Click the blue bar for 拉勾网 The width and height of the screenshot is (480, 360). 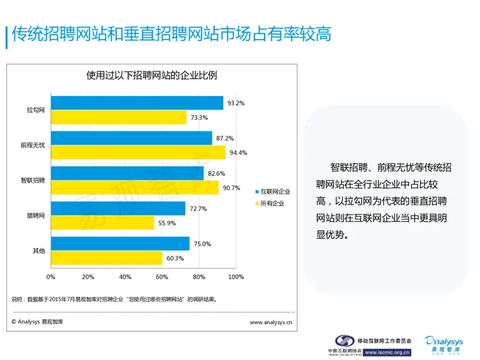[x=137, y=103]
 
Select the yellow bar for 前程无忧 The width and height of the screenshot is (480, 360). [x=138, y=152]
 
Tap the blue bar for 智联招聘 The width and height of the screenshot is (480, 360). [x=127, y=173]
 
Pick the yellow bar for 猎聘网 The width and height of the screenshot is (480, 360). [x=103, y=223]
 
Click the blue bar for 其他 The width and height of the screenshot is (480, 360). [x=120, y=244]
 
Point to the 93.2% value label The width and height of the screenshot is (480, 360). [x=236, y=103]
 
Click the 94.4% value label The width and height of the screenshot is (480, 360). [x=238, y=152]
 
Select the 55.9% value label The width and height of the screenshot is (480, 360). [x=167, y=223]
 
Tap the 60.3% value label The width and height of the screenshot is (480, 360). [x=175, y=259]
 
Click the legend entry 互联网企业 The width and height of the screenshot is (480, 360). [x=275, y=191]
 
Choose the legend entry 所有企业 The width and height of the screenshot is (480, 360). [x=272, y=203]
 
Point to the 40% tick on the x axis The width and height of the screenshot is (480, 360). [x=125, y=277]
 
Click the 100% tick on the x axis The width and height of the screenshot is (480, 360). [x=236, y=277]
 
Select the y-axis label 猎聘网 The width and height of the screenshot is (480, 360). [x=36, y=215]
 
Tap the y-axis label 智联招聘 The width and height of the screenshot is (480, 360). [x=32, y=180]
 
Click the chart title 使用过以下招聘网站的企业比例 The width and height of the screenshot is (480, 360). [x=151, y=76]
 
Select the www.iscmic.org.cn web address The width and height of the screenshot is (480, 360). [x=388, y=352]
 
